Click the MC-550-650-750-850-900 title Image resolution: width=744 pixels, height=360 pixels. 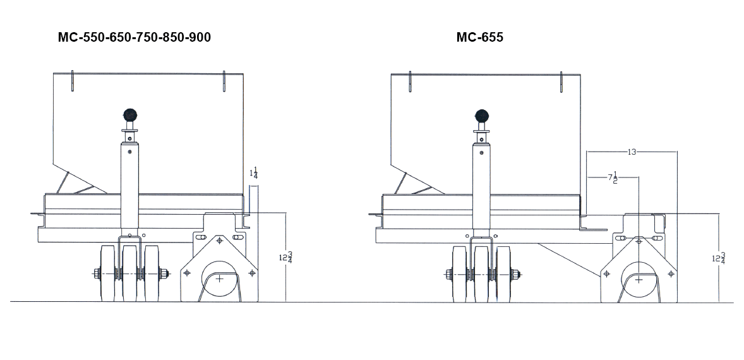tap(134, 38)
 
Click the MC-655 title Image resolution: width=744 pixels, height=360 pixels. tap(479, 38)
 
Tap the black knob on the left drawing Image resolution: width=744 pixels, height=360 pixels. tap(129, 115)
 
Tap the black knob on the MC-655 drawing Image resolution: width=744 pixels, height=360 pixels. tap(482, 116)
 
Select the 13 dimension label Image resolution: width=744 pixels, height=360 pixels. tap(632, 152)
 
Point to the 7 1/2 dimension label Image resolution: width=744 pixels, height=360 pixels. tap(613, 178)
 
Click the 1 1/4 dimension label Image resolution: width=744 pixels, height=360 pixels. tap(254, 174)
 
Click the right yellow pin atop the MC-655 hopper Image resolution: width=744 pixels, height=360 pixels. tap(561, 81)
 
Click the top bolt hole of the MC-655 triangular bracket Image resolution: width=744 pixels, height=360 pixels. tap(639, 241)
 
